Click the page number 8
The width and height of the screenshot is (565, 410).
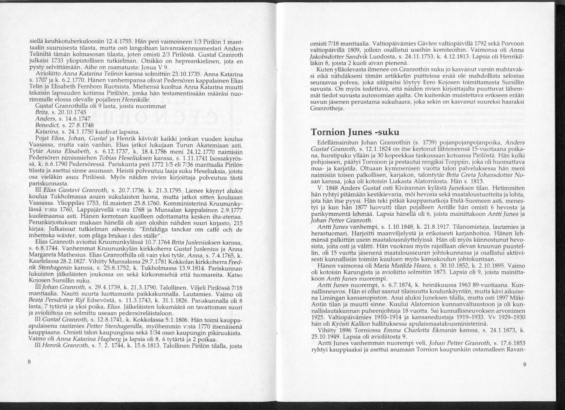coord(29,361)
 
